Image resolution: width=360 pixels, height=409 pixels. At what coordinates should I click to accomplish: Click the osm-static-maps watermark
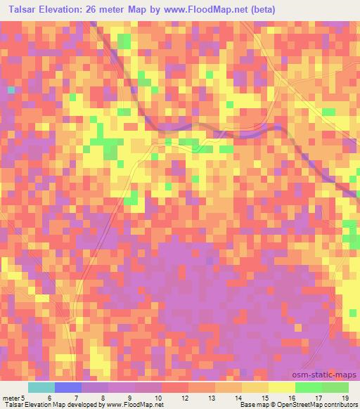tap(326, 377)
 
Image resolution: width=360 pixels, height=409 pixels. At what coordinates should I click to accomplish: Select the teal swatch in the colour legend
tap(41, 387)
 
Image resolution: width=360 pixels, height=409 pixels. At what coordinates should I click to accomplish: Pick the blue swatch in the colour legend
tap(68, 387)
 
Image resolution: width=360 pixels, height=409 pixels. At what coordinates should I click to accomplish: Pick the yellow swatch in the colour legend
tap(281, 387)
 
